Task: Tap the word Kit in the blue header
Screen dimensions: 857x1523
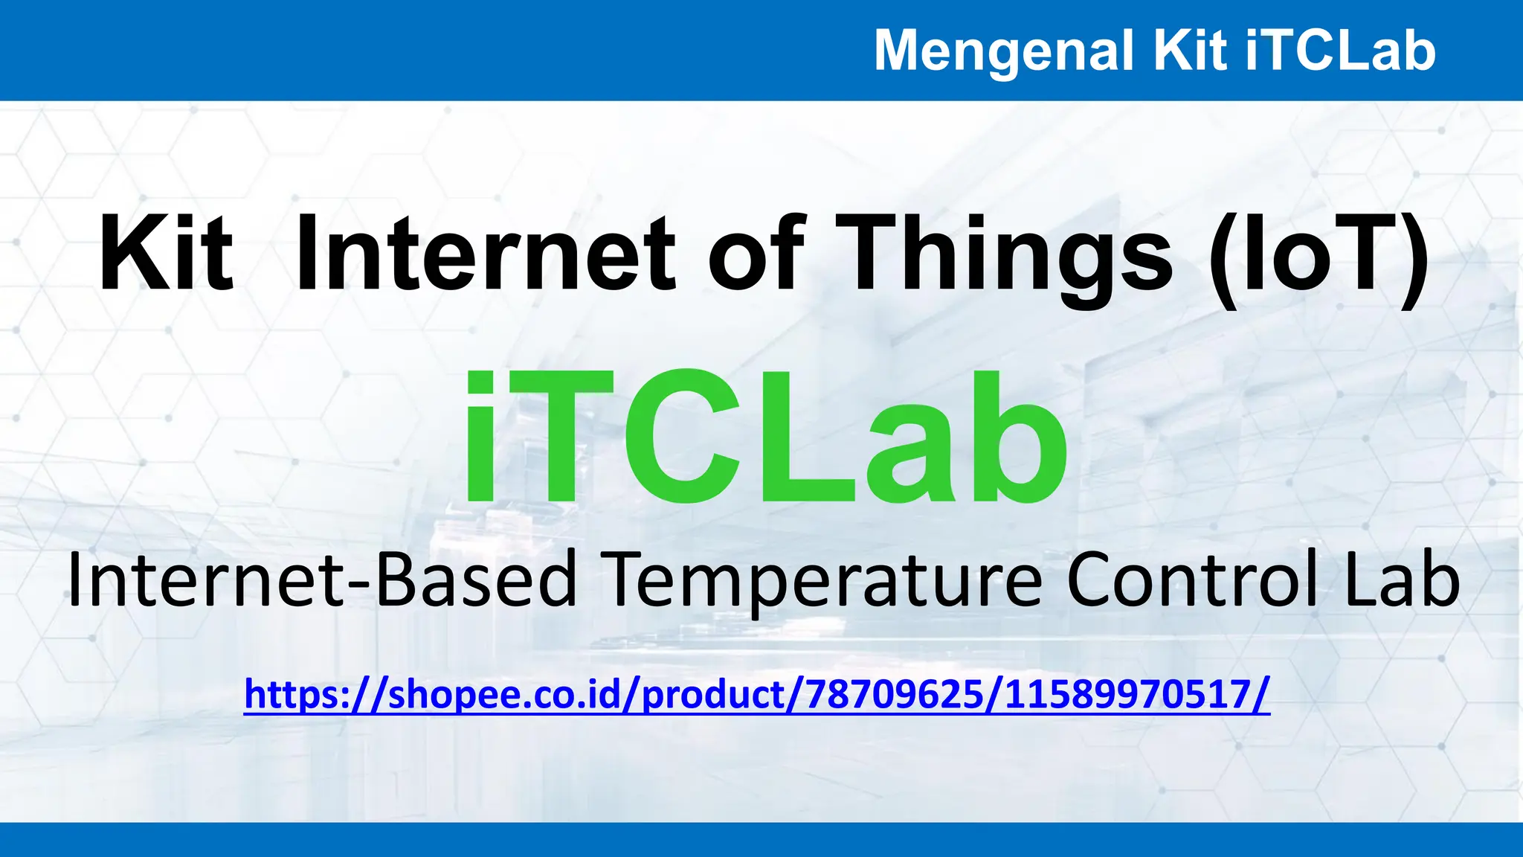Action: [1189, 51]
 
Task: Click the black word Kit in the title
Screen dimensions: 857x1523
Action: [166, 254]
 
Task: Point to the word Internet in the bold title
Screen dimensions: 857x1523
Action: [486, 254]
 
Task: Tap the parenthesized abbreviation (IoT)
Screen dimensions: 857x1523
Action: [1317, 254]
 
